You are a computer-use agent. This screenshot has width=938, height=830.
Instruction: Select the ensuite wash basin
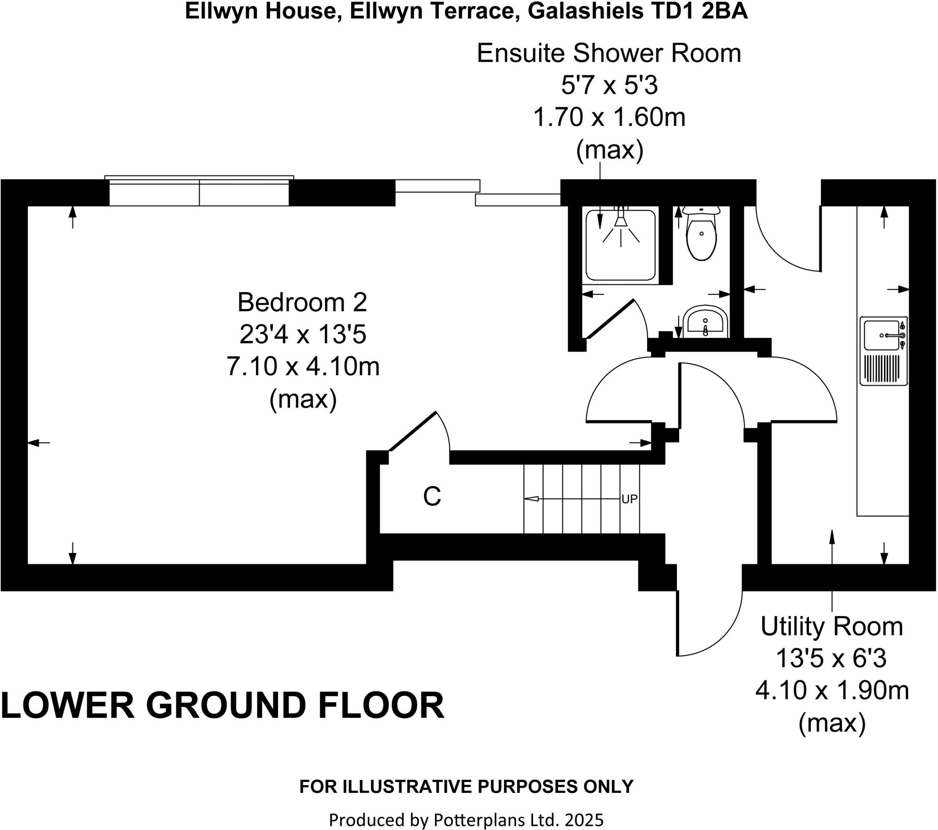705,323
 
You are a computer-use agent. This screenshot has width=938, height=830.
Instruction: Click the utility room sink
881,336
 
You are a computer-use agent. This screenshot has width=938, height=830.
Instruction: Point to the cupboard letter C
432,496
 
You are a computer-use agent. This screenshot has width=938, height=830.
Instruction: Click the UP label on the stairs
629,499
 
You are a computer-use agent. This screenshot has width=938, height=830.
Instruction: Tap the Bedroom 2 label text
302,302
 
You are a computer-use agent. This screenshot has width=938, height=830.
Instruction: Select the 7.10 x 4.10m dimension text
303,367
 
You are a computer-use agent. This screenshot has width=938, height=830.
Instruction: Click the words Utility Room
832,627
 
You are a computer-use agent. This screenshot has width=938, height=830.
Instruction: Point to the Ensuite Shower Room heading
609,54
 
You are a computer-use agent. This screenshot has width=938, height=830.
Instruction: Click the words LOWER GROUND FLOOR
223,705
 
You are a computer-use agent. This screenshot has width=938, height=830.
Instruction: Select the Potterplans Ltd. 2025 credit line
466,818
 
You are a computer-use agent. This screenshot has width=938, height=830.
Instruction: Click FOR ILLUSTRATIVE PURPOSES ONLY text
466,787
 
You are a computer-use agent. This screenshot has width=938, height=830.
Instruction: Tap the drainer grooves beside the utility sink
883,369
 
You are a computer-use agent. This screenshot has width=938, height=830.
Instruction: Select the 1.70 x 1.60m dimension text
609,118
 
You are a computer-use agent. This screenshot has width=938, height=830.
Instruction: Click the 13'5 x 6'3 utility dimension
831,659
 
